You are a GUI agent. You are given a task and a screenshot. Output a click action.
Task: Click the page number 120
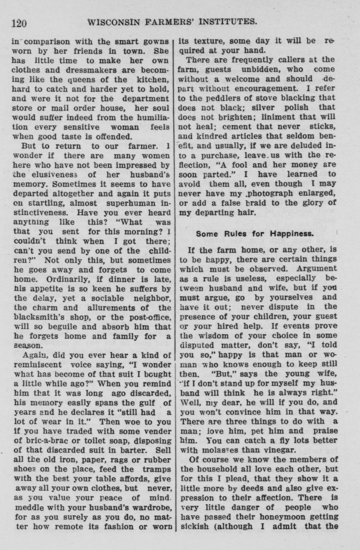click(x=19, y=23)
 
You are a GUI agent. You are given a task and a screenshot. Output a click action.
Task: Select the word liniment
click(x=279, y=116)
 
